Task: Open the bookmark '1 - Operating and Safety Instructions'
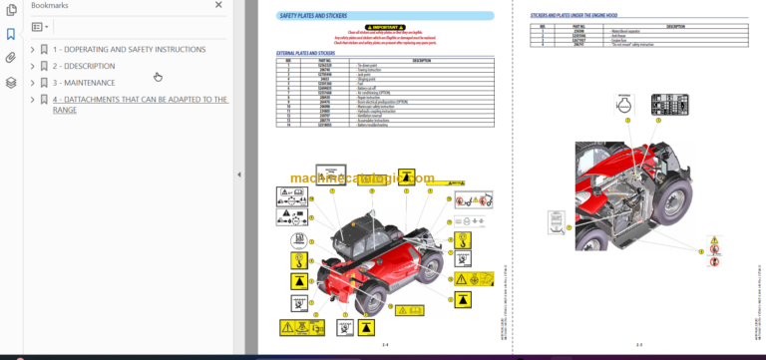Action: (129, 49)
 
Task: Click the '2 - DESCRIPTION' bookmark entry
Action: (91, 66)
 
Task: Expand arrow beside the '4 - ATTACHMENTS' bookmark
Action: (33, 100)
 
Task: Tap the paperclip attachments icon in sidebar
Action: (10, 58)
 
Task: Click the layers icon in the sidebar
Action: (10, 83)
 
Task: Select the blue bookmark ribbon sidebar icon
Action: (10, 33)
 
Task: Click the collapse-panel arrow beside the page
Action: (238, 175)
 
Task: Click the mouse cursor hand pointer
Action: (158, 76)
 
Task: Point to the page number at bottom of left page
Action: (385, 345)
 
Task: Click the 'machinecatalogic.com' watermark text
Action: (364, 180)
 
